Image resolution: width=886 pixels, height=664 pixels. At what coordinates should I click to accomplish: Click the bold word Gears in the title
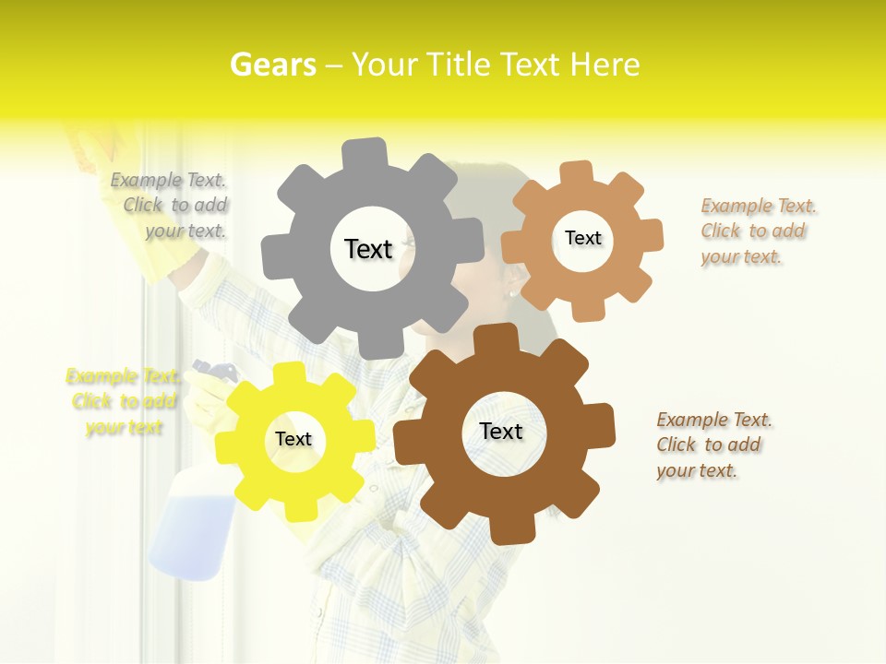click(272, 65)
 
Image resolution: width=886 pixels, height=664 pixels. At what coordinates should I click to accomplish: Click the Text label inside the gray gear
click(368, 249)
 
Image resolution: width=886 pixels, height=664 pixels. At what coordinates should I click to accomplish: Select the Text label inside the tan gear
click(582, 238)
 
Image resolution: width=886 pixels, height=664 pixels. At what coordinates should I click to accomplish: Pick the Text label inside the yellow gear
click(293, 439)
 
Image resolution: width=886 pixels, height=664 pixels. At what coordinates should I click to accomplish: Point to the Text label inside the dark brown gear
click(501, 431)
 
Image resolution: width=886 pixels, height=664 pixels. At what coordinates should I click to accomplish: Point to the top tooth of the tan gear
click(576, 172)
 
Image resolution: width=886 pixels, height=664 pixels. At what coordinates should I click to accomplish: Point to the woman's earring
click(511, 293)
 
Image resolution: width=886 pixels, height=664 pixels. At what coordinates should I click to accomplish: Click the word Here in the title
click(605, 65)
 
